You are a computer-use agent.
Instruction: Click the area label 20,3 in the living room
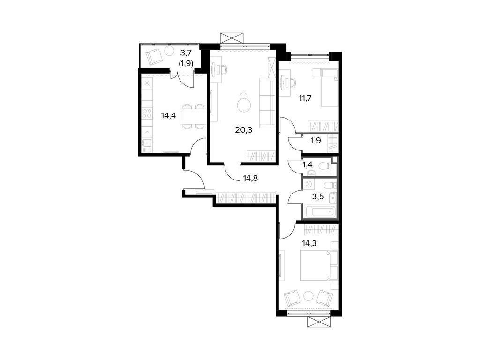pyautogui.click(x=244, y=130)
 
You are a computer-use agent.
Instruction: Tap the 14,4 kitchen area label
pyautogui.click(x=168, y=116)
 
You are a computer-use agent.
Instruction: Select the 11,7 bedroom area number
pyautogui.click(x=305, y=98)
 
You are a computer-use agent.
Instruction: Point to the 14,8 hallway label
pyautogui.click(x=250, y=178)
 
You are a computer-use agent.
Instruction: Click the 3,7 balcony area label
pyautogui.click(x=187, y=55)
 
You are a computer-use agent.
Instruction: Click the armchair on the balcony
pyautogui.click(x=153, y=57)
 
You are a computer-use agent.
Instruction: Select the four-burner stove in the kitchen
pyautogui.click(x=147, y=113)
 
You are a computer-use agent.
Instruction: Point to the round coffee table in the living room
pyautogui.click(x=244, y=104)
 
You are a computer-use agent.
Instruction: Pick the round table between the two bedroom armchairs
pyautogui.click(x=309, y=296)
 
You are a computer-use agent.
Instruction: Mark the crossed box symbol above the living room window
pyautogui.click(x=233, y=38)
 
